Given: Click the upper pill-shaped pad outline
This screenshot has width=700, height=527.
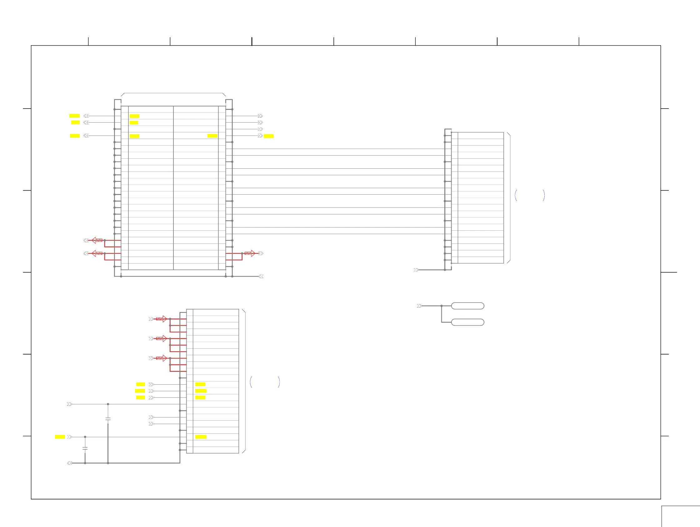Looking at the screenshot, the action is pyautogui.click(x=467, y=306).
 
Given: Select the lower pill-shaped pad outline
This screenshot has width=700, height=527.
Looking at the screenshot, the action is pyautogui.click(x=467, y=322).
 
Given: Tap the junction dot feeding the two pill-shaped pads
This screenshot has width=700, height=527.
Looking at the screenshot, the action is pyautogui.click(x=442, y=306).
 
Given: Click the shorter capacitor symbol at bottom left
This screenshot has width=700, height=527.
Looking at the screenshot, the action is pyautogui.click(x=85, y=448).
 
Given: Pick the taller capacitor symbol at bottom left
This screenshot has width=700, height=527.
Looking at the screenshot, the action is pyautogui.click(x=108, y=419).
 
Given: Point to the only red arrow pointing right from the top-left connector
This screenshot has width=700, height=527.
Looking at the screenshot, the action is pyautogui.click(x=250, y=253).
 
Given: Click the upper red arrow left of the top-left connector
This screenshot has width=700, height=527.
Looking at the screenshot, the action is pyautogui.click(x=97, y=240).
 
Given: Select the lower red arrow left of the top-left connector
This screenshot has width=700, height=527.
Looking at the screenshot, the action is pyautogui.click(x=97, y=253).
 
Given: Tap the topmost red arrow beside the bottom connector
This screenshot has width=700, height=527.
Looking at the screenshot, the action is pyautogui.click(x=162, y=319).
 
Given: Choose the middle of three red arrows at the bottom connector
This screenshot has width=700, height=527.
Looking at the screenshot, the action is pyautogui.click(x=162, y=338).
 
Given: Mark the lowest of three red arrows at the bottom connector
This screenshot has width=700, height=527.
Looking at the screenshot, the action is pyautogui.click(x=162, y=358).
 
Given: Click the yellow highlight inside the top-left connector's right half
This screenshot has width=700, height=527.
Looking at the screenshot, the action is pyautogui.click(x=212, y=136).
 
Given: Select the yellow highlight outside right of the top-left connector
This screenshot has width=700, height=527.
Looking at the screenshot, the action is pyautogui.click(x=269, y=136).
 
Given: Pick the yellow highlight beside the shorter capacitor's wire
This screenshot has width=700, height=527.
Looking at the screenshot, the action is pyautogui.click(x=60, y=437).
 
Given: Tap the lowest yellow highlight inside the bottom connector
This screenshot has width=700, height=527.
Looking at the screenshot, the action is pyautogui.click(x=201, y=437).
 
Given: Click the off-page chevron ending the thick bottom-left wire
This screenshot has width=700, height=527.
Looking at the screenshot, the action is pyautogui.click(x=70, y=463).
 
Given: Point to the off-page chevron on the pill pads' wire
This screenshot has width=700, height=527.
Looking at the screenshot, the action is pyautogui.click(x=419, y=306).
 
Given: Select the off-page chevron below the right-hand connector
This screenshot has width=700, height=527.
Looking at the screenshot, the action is pyautogui.click(x=416, y=270).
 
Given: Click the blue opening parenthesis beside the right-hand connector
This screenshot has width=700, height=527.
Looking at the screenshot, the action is pyautogui.click(x=516, y=195).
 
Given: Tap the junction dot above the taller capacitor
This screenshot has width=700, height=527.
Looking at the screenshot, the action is pyautogui.click(x=108, y=404).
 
